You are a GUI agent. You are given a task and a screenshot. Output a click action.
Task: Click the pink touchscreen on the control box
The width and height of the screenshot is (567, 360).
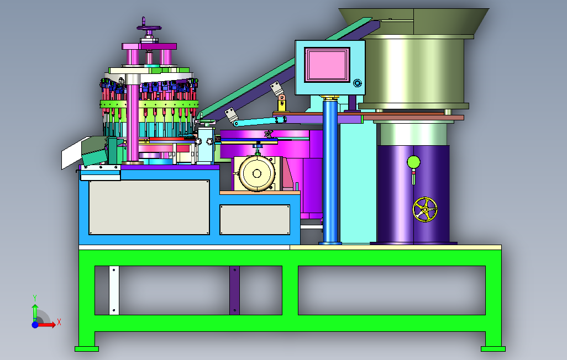click(x=327, y=65)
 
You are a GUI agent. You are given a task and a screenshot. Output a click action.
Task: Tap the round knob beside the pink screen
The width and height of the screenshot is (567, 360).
click(x=357, y=83)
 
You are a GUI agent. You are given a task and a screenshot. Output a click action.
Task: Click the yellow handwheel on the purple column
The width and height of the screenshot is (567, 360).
click(x=425, y=209)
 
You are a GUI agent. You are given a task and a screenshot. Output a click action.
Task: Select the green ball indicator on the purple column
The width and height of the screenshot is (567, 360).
click(x=413, y=162)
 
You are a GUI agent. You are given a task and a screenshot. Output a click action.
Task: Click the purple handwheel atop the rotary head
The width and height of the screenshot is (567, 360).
click(x=149, y=28)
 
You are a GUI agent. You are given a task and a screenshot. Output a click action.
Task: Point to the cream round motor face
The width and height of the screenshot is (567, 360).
click(x=257, y=173)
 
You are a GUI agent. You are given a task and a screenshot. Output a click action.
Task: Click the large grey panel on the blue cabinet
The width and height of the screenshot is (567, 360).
click(x=149, y=208)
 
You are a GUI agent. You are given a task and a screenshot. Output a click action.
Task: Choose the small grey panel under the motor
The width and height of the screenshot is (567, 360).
click(x=255, y=220)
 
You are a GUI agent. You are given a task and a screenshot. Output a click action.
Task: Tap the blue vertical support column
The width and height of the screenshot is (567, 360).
click(x=330, y=171)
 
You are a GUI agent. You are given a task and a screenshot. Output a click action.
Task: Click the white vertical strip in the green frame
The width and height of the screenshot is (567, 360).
click(x=114, y=290)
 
